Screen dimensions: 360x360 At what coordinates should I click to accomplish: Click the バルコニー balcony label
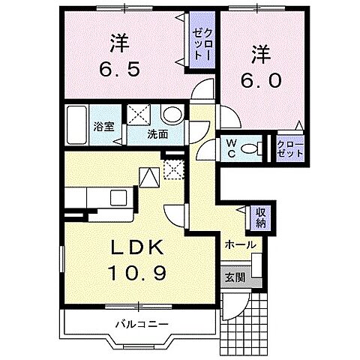click(x=141, y=324)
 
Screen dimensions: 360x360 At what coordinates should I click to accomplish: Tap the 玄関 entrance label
click(x=233, y=277)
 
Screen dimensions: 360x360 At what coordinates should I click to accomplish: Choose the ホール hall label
click(x=240, y=245)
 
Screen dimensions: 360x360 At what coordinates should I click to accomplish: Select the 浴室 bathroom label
click(x=104, y=127)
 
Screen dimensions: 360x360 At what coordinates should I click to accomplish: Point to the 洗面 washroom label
click(x=157, y=136)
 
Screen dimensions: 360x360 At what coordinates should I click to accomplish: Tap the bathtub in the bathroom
click(x=78, y=125)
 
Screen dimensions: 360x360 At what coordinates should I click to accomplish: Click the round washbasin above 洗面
click(x=171, y=115)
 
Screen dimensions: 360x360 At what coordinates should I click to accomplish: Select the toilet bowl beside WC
click(x=254, y=146)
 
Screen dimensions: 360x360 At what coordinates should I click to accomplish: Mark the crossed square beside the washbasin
click(x=140, y=115)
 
